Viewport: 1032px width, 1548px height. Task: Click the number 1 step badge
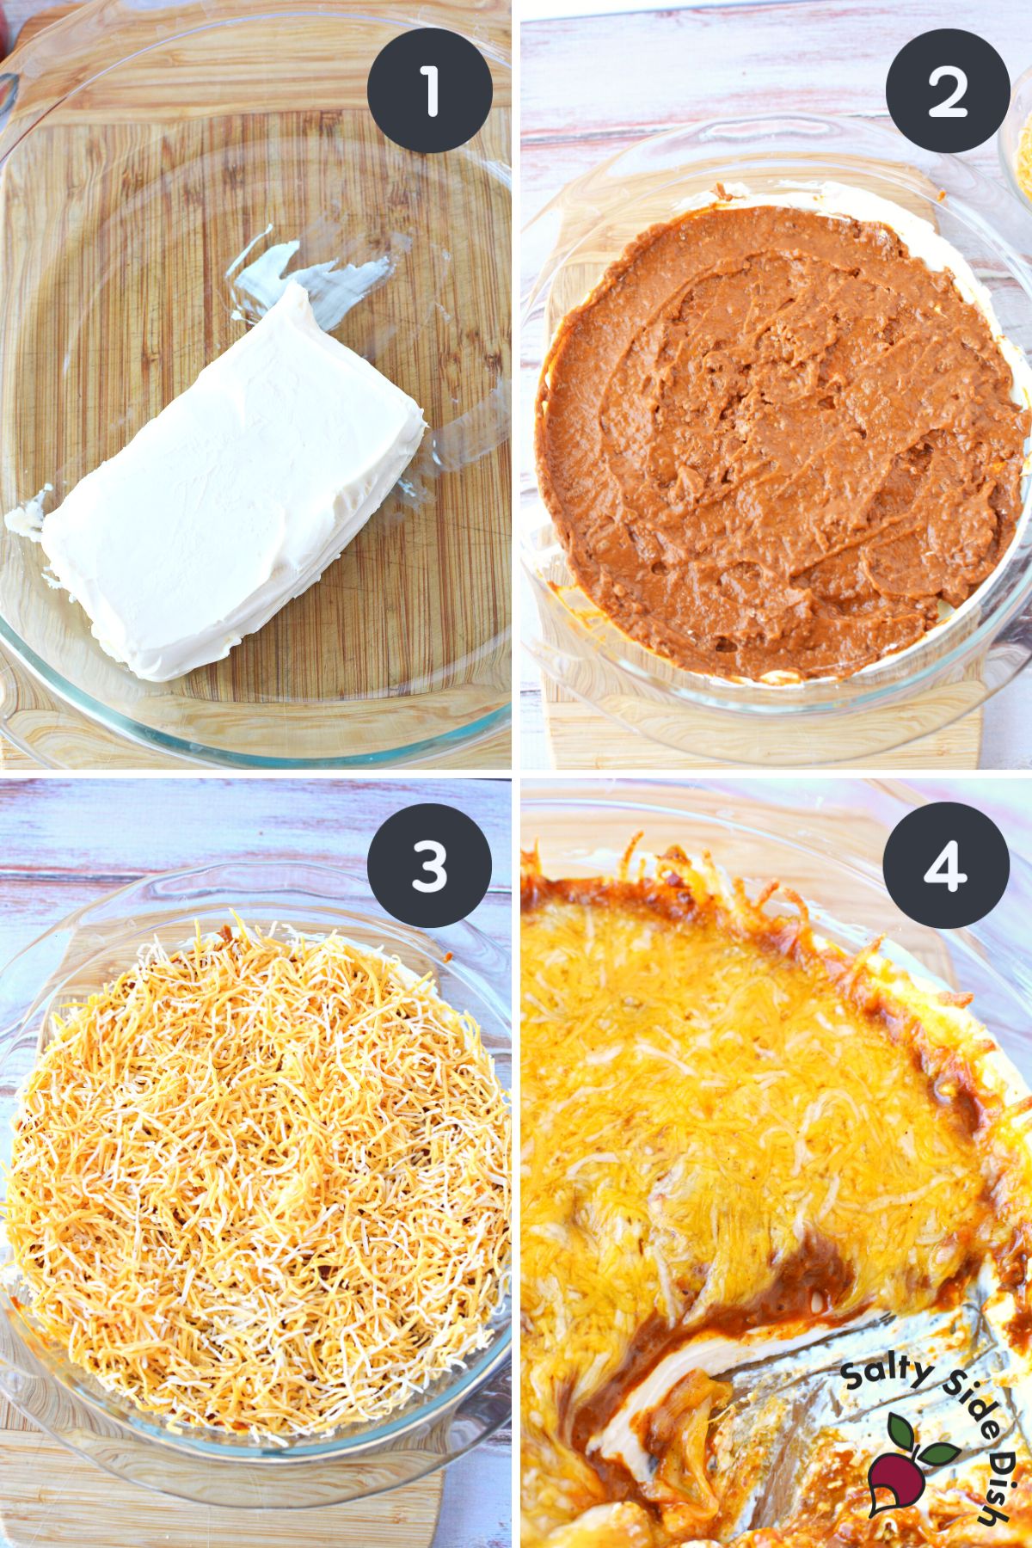pyautogui.click(x=429, y=91)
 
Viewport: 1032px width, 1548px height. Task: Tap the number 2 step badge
pyautogui.click(x=947, y=91)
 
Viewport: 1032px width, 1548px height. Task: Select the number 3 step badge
pyautogui.click(x=429, y=864)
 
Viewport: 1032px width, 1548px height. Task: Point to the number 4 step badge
pyautogui.click(x=947, y=864)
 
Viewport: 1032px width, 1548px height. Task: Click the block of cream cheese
pyautogui.click(x=232, y=482)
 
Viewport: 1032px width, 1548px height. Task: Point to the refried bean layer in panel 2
pyautogui.click(x=774, y=447)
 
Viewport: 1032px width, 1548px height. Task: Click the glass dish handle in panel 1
pyautogui.click(x=9, y=86)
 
